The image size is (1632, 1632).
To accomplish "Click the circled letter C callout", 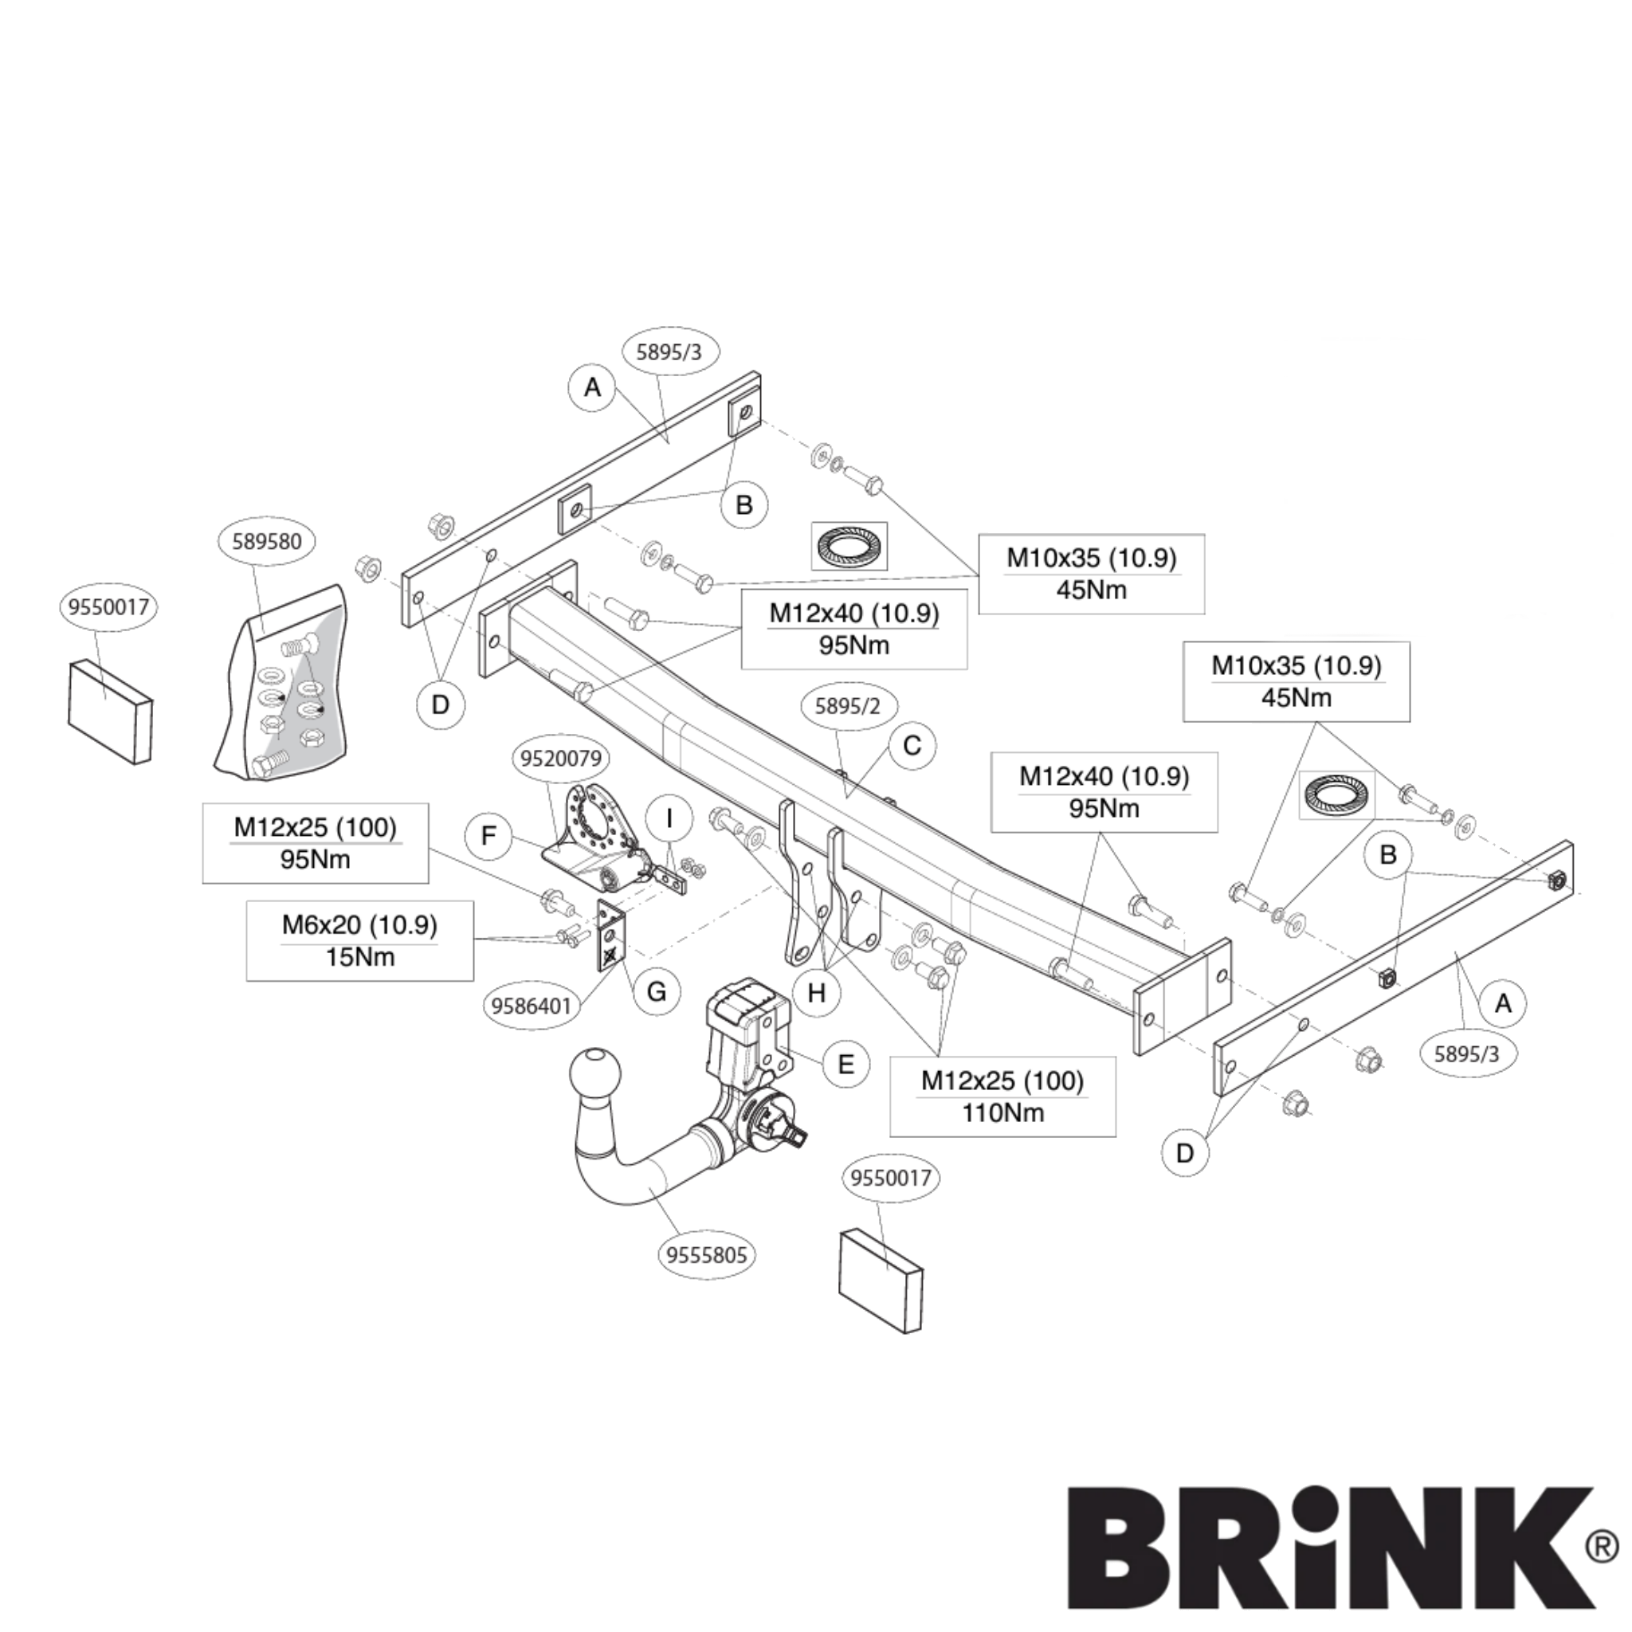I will point(912,746).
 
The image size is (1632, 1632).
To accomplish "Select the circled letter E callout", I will point(845,1064).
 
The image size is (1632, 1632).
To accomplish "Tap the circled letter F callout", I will point(488,836).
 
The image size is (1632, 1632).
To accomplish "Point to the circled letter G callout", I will point(657,991).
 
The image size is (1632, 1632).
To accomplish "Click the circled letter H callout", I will point(816,993).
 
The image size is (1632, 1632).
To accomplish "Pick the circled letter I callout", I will point(670,818).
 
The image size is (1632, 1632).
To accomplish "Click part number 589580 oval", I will point(266,540).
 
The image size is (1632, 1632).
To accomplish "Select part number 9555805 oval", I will point(706,1255).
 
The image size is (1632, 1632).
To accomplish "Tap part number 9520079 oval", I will point(561,758).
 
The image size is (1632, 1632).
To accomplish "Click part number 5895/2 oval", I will point(847,706).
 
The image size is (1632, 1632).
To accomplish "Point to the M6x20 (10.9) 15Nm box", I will point(360,941).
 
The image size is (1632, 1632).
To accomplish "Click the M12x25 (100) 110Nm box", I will point(1002,1096).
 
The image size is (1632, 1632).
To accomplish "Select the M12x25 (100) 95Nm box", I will point(315,843).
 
